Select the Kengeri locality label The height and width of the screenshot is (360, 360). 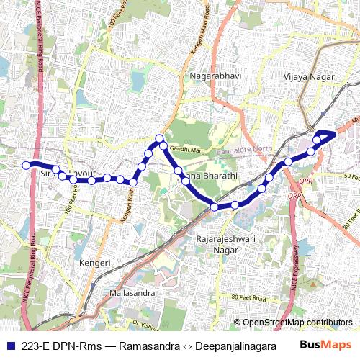[95, 264]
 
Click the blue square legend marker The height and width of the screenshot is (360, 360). [11, 345]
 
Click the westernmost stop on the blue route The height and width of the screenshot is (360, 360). [26, 166]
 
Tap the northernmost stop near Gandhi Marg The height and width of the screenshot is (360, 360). [160, 138]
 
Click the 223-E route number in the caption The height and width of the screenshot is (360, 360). [36, 345]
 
